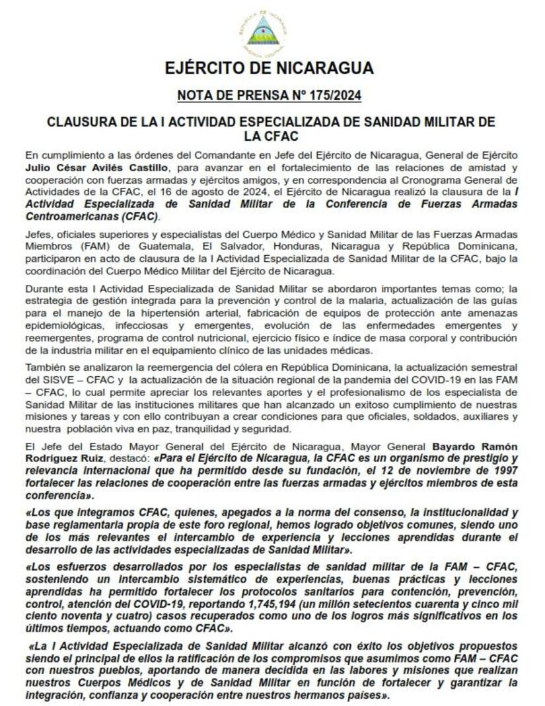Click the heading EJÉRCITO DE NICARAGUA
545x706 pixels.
(269, 68)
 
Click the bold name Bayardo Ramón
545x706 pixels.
(475, 446)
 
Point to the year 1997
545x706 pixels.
(504, 471)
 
